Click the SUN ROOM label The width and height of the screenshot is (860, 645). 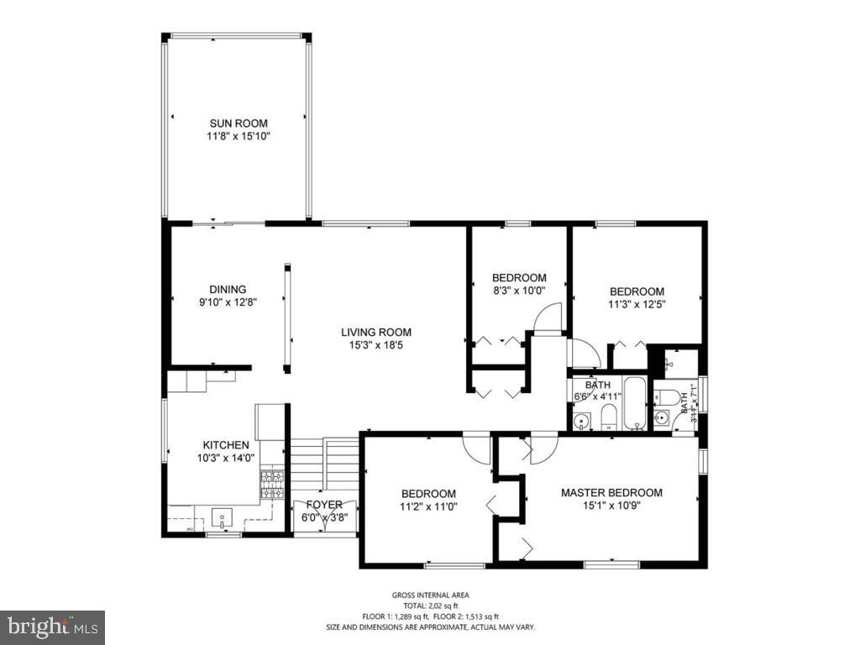[239, 123]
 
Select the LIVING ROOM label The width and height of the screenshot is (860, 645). [375, 332]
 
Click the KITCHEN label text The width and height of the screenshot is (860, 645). [225, 445]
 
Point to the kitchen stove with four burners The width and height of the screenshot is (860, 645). [271, 485]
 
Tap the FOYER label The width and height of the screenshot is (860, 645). [323, 505]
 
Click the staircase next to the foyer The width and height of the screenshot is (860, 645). [324, 466]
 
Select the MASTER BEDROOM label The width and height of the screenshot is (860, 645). [611, 493]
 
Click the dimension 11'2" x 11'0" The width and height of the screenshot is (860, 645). [428, 507]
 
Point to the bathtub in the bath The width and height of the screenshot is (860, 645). [634, 404]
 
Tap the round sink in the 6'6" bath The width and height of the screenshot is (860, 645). [581, 421]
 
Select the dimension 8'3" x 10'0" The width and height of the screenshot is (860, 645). [519, 291]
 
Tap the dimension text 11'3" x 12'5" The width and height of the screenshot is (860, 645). [637, 305]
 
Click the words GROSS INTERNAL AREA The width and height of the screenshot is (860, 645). [430, 595]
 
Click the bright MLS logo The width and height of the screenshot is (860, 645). [52, 627]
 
